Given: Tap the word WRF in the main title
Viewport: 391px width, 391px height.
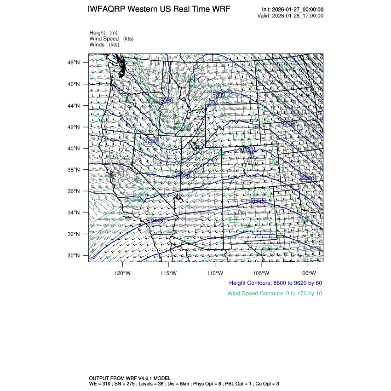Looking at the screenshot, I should coord(221,10).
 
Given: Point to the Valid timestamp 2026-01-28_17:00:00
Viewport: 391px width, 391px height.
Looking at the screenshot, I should coord(298,16).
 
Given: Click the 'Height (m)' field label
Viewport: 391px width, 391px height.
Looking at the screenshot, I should coord(103,33).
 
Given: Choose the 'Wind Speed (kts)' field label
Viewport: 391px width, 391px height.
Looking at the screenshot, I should coord(111,39).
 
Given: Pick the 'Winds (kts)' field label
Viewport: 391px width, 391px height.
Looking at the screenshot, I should coord(104,45).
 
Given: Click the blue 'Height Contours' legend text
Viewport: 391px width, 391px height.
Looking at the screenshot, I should coord(275,283).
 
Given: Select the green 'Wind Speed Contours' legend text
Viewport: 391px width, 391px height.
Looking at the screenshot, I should coord(275,293).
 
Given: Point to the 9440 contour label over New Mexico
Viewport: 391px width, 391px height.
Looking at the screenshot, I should coord(258,201).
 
